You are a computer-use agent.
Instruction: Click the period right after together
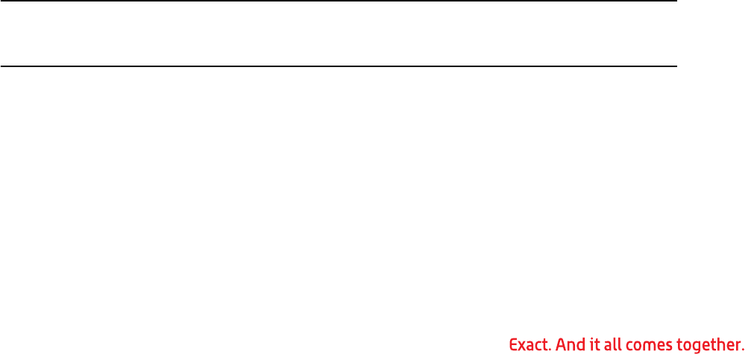(744, 350)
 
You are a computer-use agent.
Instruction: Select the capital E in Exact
(512, 345)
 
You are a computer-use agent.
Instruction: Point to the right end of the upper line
(675, 1)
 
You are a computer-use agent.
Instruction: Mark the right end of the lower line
(675, 66)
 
